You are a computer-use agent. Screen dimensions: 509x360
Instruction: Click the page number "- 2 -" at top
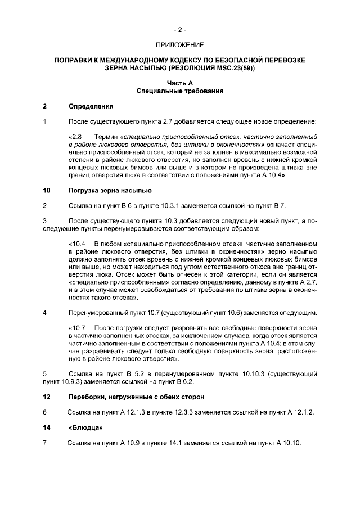[179, 29]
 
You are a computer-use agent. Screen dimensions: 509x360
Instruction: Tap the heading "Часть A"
[180, 83]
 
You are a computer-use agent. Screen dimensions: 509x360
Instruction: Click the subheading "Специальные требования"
[180, 91]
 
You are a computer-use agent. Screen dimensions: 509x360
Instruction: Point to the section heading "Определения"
[91, 106]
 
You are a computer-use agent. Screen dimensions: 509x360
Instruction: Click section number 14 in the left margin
[46, 427]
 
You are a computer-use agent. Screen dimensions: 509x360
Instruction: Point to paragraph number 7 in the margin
[44, 443]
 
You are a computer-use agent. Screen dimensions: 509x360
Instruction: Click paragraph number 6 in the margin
[44, 412]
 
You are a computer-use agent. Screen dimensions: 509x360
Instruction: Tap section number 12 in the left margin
[46, 397]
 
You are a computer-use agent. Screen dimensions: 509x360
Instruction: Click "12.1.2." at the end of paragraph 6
[301, 412]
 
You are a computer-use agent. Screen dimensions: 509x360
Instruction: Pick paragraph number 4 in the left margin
[44, 312]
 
